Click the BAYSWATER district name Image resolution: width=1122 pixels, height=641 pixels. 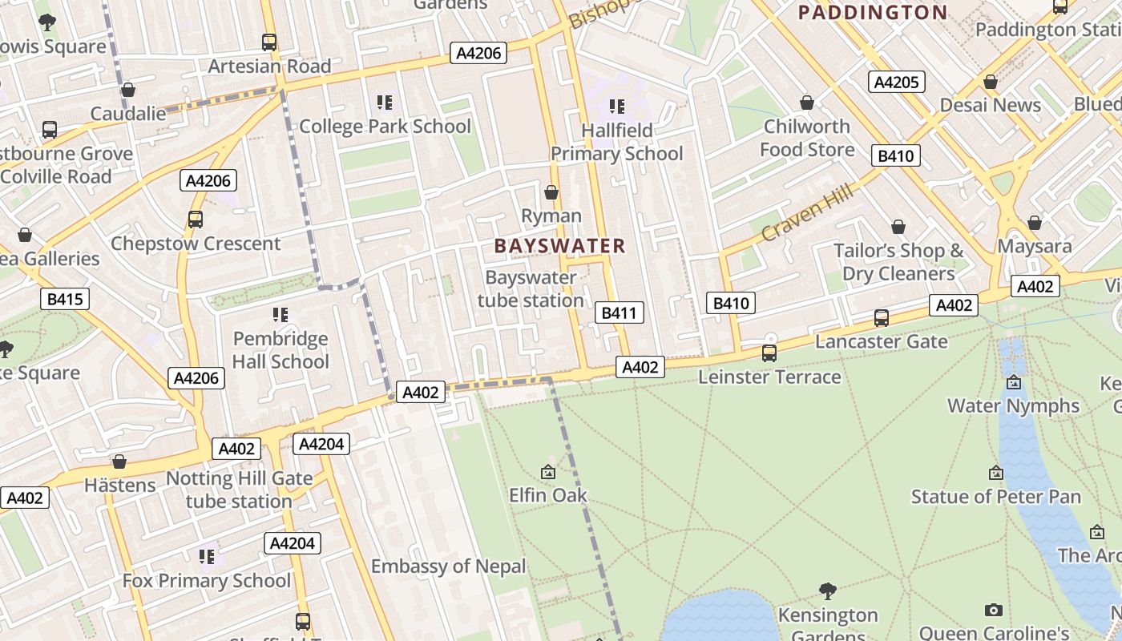click(559, 246)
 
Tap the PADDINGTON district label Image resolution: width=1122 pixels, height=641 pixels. click(873, 13)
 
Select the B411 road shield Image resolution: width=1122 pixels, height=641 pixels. click(619, 312)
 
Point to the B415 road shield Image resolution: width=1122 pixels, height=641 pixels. click(65, 300)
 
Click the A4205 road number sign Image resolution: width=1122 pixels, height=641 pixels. click(897, 82)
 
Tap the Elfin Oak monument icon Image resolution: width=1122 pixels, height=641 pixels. click(548, 473)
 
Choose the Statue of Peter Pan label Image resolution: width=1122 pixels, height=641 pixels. click(995, 497)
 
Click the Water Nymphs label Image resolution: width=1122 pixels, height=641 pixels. click(1013, 405)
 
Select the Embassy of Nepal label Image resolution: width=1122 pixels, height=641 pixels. click(448, 566)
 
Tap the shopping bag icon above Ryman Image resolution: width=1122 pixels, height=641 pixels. click(551, 192)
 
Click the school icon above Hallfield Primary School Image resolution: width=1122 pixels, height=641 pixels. click(616, 106)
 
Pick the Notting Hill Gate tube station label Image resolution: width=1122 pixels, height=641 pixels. click(239, 490)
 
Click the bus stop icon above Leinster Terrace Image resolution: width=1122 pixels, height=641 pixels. click(769, 353)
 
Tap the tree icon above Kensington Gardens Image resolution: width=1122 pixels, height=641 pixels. click(828, 591)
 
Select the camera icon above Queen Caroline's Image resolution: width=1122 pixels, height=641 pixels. click(994, 611)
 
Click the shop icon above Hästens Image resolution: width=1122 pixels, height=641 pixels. click(119, 462)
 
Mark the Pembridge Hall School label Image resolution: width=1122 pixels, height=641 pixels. click(280, 350)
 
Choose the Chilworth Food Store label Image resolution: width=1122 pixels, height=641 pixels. click(807, 138)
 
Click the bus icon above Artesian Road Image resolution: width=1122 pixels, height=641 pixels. click(269, 42)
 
